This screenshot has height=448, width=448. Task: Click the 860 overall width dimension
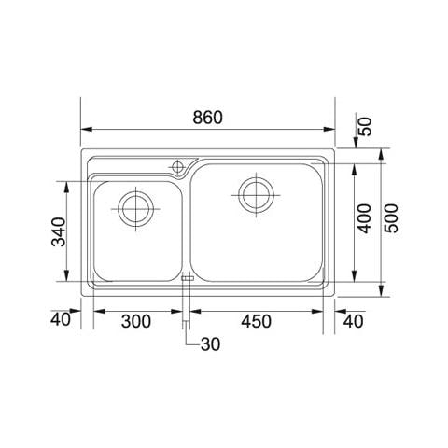(x=207, y=118)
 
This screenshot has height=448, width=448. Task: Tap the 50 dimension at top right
(x=366, y=126)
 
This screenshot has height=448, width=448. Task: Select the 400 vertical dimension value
(x=365, y=218)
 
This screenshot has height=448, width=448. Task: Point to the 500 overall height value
(x=391, y=218)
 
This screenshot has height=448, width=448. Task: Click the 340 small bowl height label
(x=59, y=232)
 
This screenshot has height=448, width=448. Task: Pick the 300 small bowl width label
(x=136, y=321)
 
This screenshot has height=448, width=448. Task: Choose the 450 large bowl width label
(x=256, y=321)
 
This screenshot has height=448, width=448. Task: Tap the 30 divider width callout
(x=210, y=344)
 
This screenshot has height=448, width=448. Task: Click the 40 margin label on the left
(x=61, y=319)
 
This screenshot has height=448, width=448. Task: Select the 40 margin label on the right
(x=353, y=321)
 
